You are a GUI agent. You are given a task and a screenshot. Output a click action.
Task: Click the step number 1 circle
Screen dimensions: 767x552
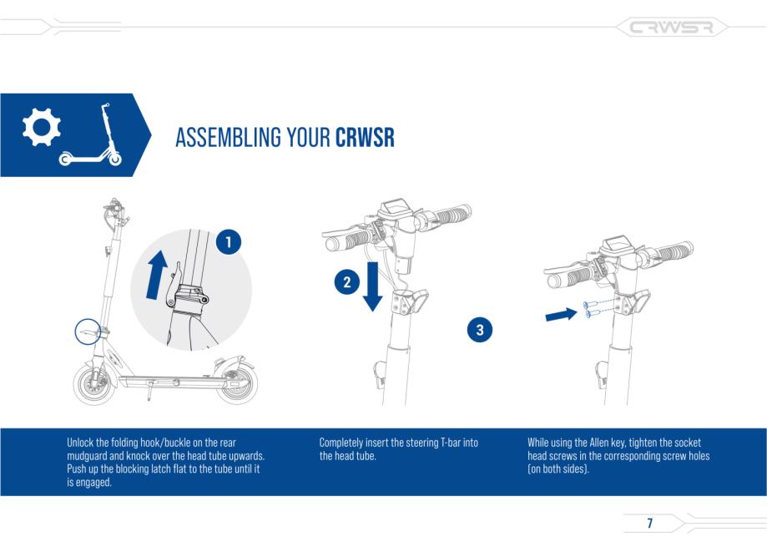point(229,242)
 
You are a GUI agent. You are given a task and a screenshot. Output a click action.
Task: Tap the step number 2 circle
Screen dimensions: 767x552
point(347,281)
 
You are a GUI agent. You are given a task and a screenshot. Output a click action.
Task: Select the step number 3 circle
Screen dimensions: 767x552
point(480,330)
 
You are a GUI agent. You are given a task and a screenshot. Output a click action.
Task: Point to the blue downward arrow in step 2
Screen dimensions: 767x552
point(372,286)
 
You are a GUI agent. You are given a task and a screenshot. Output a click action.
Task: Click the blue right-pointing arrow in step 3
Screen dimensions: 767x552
point(561,314)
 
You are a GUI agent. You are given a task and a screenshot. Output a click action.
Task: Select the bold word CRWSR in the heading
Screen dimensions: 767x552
point(365,139)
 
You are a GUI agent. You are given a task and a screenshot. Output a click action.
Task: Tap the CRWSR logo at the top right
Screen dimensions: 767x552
point(671,28)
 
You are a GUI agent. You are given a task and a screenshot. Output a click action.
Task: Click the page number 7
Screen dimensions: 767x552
point(649,524)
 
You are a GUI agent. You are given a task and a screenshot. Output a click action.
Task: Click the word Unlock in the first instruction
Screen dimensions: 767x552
point(82,443)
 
